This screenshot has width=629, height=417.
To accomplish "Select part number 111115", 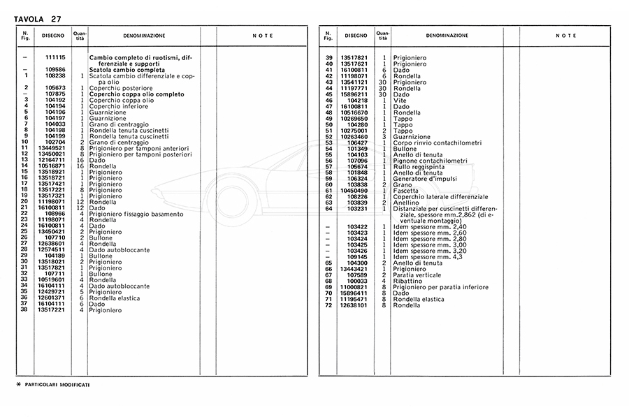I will (x=55, y=57).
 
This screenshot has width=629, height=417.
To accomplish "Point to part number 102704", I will (x=55, y=142).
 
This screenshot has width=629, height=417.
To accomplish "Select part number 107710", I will (x=55, y=237).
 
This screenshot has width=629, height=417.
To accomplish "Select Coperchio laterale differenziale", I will (x=440, y=196).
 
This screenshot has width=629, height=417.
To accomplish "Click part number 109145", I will (x=357, y=256).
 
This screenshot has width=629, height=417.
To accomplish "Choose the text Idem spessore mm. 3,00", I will (x=430, y=244).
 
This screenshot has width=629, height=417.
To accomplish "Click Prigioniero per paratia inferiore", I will (x=440, y=286).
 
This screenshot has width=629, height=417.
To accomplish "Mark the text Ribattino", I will (x=407, y=281).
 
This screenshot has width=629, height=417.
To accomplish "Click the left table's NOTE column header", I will (x=262, y=35).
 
